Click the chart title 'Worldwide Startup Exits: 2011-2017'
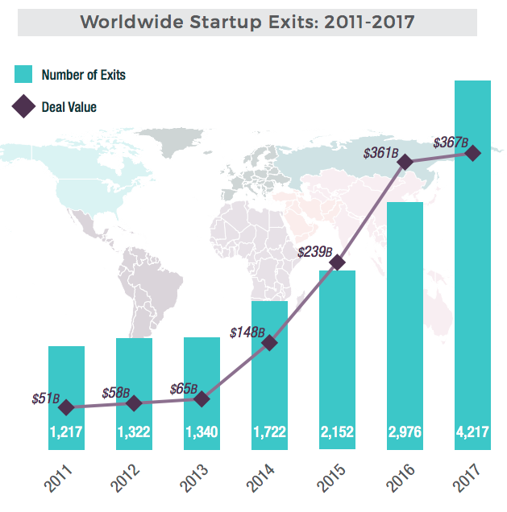247,22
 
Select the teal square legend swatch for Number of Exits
24,75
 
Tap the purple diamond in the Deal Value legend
24,106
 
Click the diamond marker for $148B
269,343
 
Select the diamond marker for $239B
338,262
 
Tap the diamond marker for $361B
405,163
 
